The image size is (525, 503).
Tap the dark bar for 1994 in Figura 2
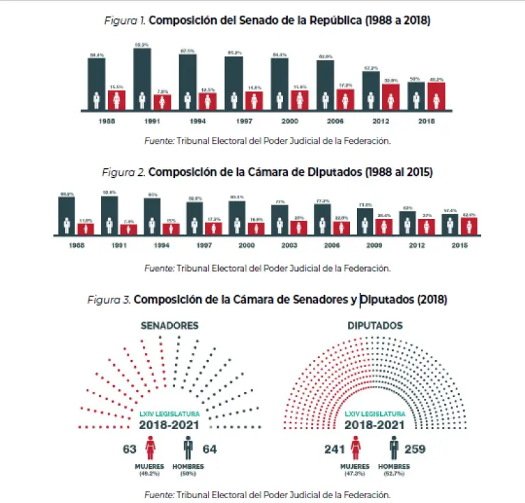coord(152,216)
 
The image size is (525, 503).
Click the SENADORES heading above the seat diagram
coord(170,326)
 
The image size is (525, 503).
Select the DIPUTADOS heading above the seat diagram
coord(374,326)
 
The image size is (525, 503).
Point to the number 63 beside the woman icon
coord(130,450)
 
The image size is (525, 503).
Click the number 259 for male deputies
coord(418,450)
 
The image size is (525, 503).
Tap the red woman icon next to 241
coord(355,449)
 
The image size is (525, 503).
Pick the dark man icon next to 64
coord(188,449)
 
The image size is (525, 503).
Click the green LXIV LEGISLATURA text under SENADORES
coord(169,415)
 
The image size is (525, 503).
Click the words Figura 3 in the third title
coord(109,300)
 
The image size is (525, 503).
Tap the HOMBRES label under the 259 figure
coord(394,467)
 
